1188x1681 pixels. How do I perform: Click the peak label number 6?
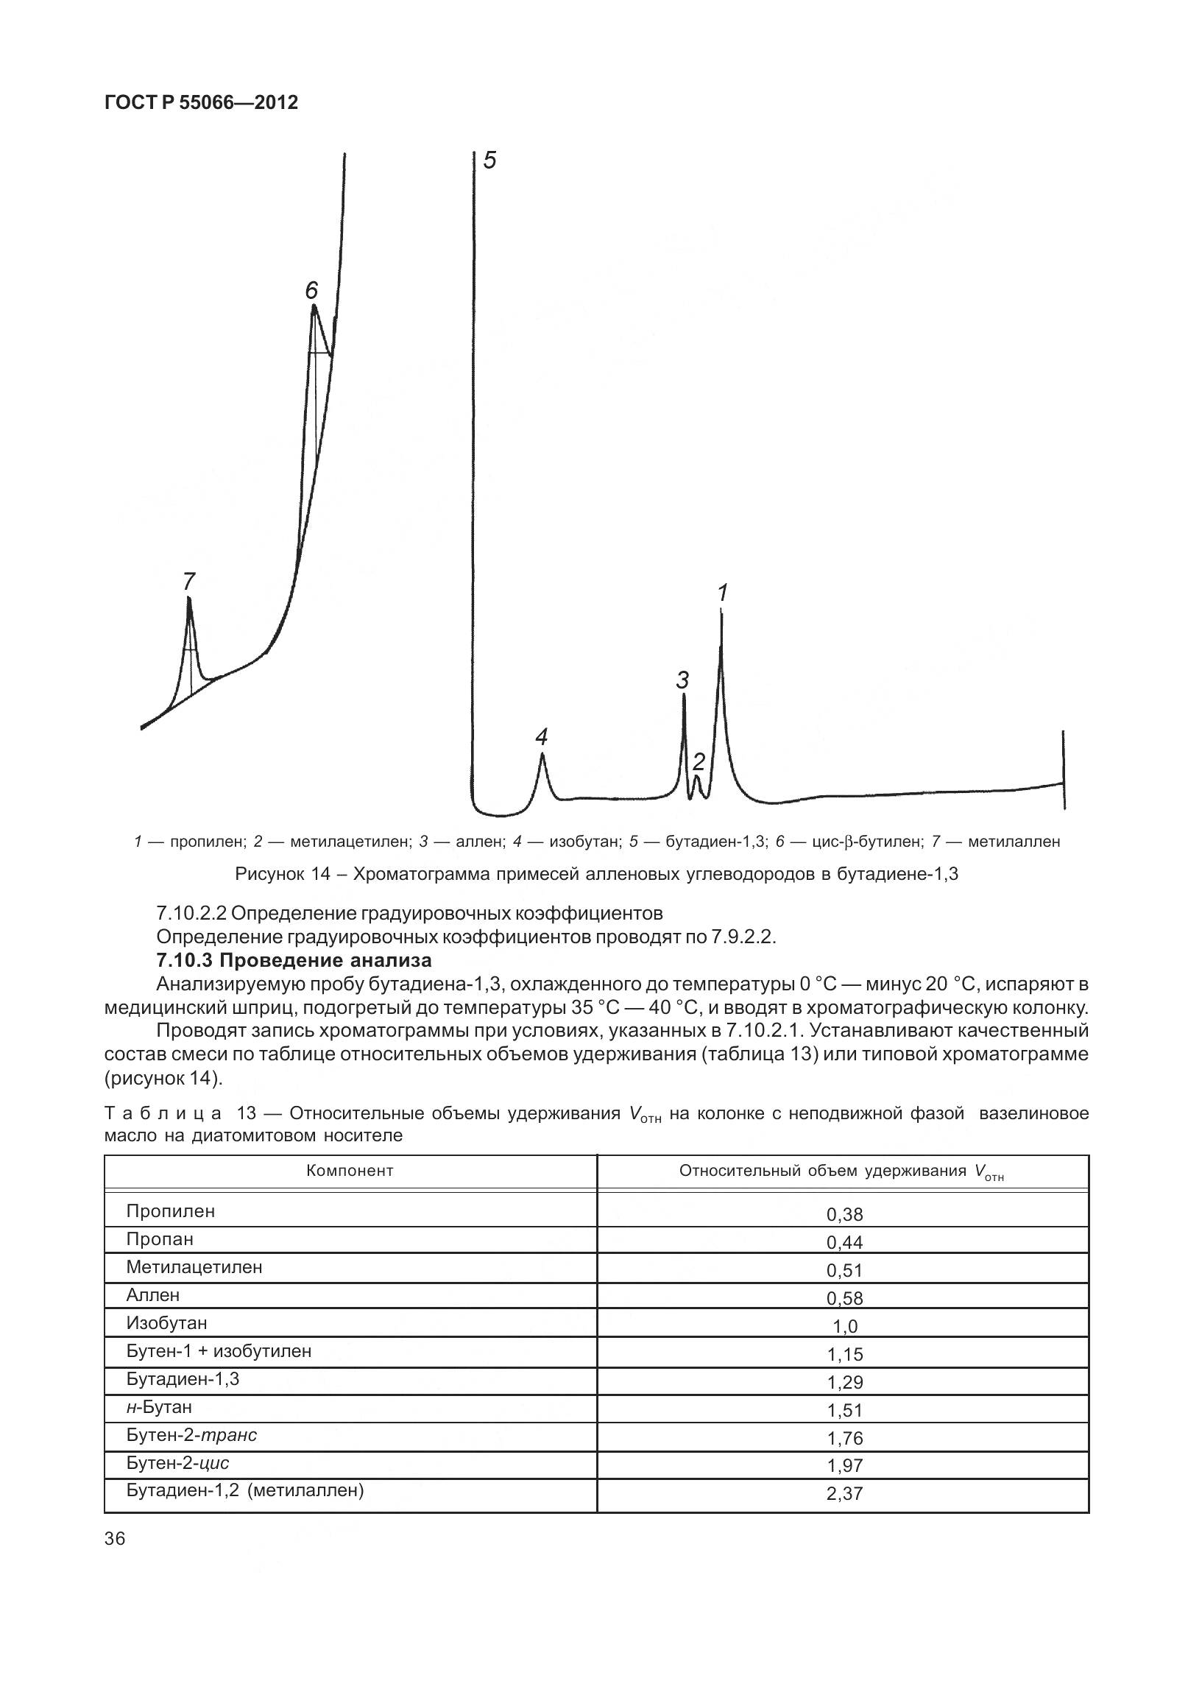[x=311, y=290]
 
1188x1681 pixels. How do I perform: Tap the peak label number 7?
[x=188, y=582]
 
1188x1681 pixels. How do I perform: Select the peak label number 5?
[x=489, y=161]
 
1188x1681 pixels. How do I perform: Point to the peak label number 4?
[x=542, y=736]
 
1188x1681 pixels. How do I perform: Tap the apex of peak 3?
[x=684, y=696]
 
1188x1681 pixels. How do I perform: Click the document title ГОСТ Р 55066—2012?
[x=201, y=102]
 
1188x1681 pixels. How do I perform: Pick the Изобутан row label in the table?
[x=166, y=1323]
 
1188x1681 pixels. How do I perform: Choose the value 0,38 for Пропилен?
[x=844, y=1214]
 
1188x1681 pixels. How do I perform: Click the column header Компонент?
[x=350, y=1171]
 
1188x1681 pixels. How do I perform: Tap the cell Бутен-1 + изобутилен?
[x=219, y=1351]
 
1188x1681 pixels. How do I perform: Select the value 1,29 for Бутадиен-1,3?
[x=844, y=1382]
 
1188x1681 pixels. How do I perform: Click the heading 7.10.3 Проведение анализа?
[x=294, y=960]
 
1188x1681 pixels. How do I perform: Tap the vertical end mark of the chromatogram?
[x=1063, y=770]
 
